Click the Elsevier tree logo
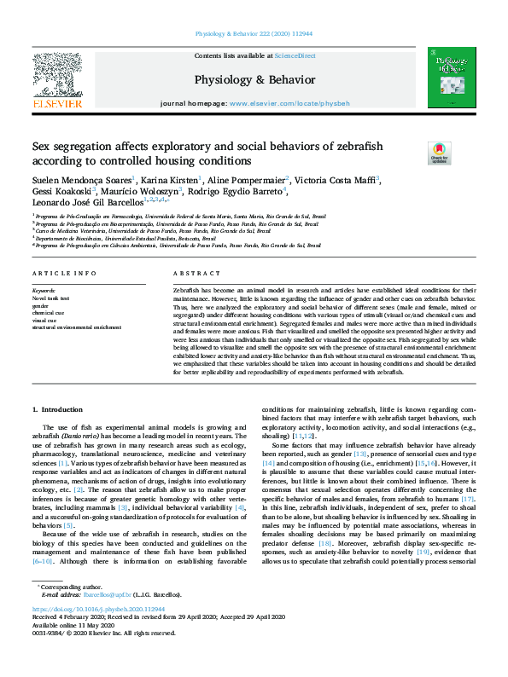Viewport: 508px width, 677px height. (x=57, y=75)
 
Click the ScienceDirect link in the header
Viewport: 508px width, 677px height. (x=295, y=55)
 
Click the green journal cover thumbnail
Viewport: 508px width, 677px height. (x=452, y=78)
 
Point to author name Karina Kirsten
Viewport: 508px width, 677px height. (x=170, y=180)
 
